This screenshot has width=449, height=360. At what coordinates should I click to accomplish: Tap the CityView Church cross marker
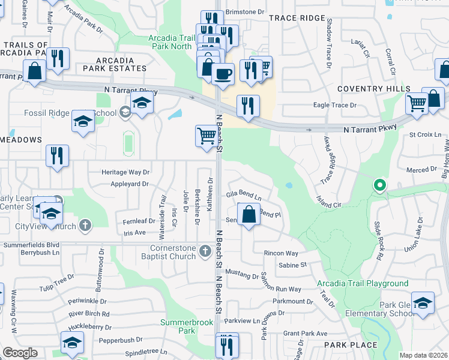coord(86,226)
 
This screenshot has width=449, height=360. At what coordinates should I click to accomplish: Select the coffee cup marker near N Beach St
coord(223,74)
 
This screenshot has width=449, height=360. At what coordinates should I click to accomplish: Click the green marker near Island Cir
coord(379,185)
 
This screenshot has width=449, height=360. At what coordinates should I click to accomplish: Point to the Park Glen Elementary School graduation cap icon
coord(423,302)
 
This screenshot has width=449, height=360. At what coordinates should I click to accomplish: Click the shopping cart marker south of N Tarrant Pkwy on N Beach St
coord(206,136)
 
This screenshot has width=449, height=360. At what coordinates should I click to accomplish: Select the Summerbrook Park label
coord(187,326)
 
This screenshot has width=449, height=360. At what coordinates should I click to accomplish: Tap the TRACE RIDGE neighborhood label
coord(297,19)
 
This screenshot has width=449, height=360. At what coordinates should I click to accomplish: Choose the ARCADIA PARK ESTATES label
coord(114,65)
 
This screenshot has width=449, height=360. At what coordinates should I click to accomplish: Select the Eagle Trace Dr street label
coord(335,105)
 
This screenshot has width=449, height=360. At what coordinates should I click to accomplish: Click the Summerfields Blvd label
coord(31,245)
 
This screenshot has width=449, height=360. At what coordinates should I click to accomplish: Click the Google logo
coord(20,353)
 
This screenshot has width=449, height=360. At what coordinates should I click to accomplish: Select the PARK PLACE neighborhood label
coord(351,345)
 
